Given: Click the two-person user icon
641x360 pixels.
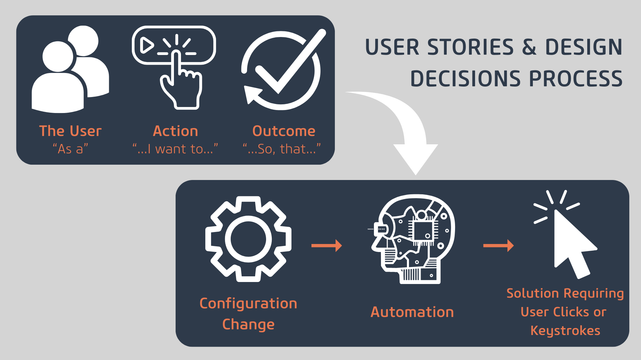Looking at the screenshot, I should click(70, 70).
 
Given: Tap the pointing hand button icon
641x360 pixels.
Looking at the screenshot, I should click(174, 67).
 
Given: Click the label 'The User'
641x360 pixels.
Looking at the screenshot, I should click(70, 131).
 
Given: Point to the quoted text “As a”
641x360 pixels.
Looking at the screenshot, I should click(70, 149).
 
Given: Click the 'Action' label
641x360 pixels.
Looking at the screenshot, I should click(175, 131).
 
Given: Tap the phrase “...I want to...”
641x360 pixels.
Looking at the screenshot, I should click(175, 149).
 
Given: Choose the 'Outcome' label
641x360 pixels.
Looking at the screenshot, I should click(284, 131).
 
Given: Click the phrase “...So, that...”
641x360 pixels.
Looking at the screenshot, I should click(282, 149).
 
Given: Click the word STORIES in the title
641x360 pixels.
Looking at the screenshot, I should click(470, 47).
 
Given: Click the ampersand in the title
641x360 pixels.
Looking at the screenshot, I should click(529, 47).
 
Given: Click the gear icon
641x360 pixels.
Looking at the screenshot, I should click(248, 239).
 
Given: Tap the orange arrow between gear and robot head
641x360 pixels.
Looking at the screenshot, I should click(327, 246).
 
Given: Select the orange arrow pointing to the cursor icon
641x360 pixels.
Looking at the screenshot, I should click(498, 246).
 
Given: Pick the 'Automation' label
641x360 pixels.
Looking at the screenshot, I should click(412, 312).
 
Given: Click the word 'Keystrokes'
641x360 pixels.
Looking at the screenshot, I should click(565, 331).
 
